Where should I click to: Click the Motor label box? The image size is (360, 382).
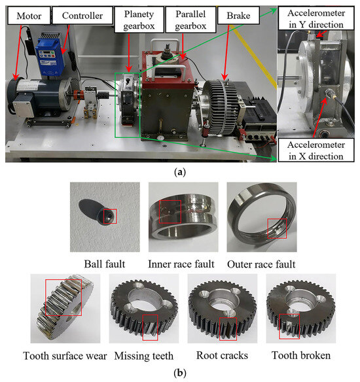(x=29, y=16)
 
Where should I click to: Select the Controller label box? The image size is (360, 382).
(x=82, y=15)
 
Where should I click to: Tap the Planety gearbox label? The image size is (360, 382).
(x=139, y=20)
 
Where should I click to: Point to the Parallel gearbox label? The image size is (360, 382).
(x=190, y=20)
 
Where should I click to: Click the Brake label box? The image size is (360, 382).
(x=238, y=15)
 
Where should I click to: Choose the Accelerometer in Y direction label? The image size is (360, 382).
(x=316, y=18)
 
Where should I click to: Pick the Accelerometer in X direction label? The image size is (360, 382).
(x=316, y=150)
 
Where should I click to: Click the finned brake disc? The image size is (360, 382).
(x=220, y=107)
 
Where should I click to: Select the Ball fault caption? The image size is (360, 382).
(x=105, y=264)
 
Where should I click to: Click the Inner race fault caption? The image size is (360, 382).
(x=181, y=264)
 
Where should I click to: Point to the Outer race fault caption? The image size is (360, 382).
(x=261, y=264)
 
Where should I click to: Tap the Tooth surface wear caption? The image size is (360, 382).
(x=65, y=356)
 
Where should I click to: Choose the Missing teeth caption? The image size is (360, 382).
(x=144, y=356)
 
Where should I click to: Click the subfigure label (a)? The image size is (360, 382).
(x=180, y=172)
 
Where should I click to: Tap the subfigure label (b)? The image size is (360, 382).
(x=180, y=373)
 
